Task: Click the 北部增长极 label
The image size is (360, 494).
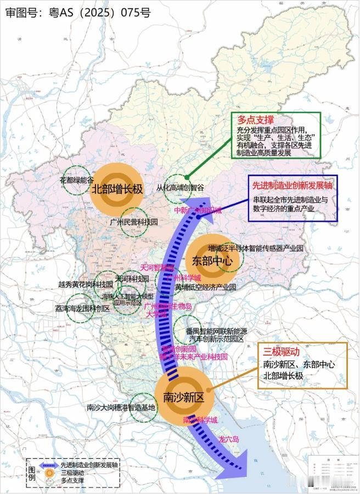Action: (117, 190)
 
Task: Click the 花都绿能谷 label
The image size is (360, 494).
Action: (77, 179)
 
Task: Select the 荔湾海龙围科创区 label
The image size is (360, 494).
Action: (82, 308)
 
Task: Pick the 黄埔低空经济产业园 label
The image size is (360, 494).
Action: (205, 287)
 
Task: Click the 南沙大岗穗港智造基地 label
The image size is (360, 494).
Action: (121, 408)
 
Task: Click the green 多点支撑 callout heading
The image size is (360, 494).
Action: (256, 119)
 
